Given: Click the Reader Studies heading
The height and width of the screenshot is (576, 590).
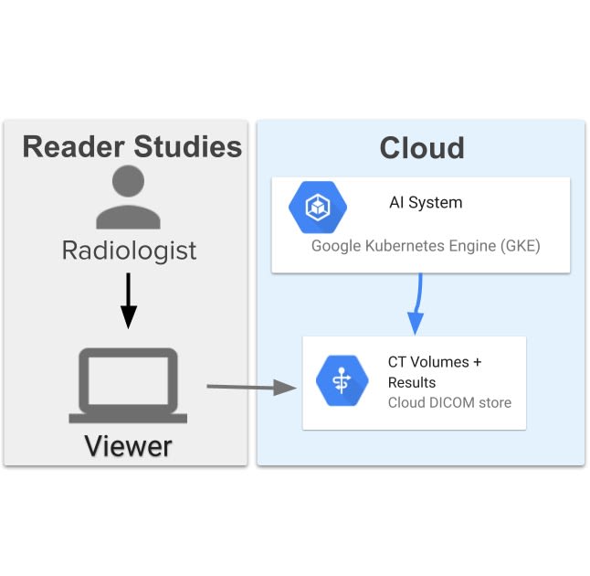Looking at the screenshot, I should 132,147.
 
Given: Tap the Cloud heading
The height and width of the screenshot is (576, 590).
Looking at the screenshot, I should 421,148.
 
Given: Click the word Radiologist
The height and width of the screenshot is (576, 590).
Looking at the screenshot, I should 129,251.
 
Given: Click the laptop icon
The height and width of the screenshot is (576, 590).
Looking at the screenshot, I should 128,385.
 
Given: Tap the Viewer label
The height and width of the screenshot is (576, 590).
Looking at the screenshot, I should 128,446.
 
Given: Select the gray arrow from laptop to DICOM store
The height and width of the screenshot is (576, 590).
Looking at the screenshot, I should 252,388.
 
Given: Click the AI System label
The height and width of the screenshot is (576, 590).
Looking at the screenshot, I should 426,203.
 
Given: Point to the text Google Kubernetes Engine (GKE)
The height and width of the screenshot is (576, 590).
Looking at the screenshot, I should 426,246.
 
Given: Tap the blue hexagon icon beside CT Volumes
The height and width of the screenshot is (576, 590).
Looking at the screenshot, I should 341,380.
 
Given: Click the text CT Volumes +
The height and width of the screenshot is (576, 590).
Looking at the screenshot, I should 435,362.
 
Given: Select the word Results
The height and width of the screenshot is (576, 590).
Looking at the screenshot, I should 412,382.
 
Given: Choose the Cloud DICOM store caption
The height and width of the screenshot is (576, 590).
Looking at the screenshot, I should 449,402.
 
